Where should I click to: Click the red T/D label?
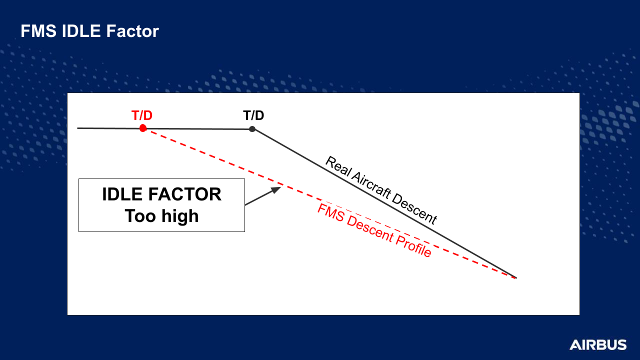[x=142, y=115]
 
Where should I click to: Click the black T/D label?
[x=253, y=115]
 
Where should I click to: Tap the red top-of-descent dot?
[x=143, y=128]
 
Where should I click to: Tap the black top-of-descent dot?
[x=252, y=129]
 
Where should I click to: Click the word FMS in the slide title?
[x=38, y=31]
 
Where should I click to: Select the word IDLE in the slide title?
[x=81, y=31]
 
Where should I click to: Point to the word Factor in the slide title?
[x=132, y=31]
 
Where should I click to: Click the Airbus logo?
[x=598, y=345]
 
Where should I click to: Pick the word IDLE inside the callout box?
[x=122, y=194]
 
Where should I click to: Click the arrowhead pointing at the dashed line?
[x=276, y=189]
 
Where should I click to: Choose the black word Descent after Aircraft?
[x=414, y=209]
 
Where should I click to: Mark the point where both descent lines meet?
[x=515, y=277]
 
